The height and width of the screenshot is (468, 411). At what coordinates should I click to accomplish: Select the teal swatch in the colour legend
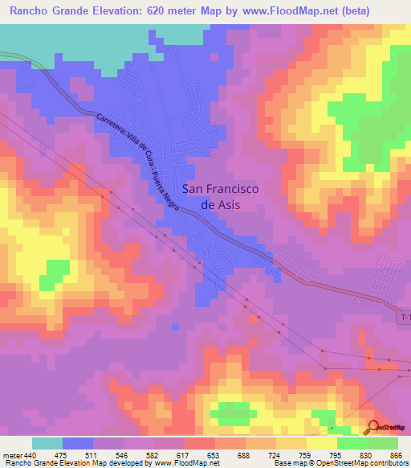point(47,443)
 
